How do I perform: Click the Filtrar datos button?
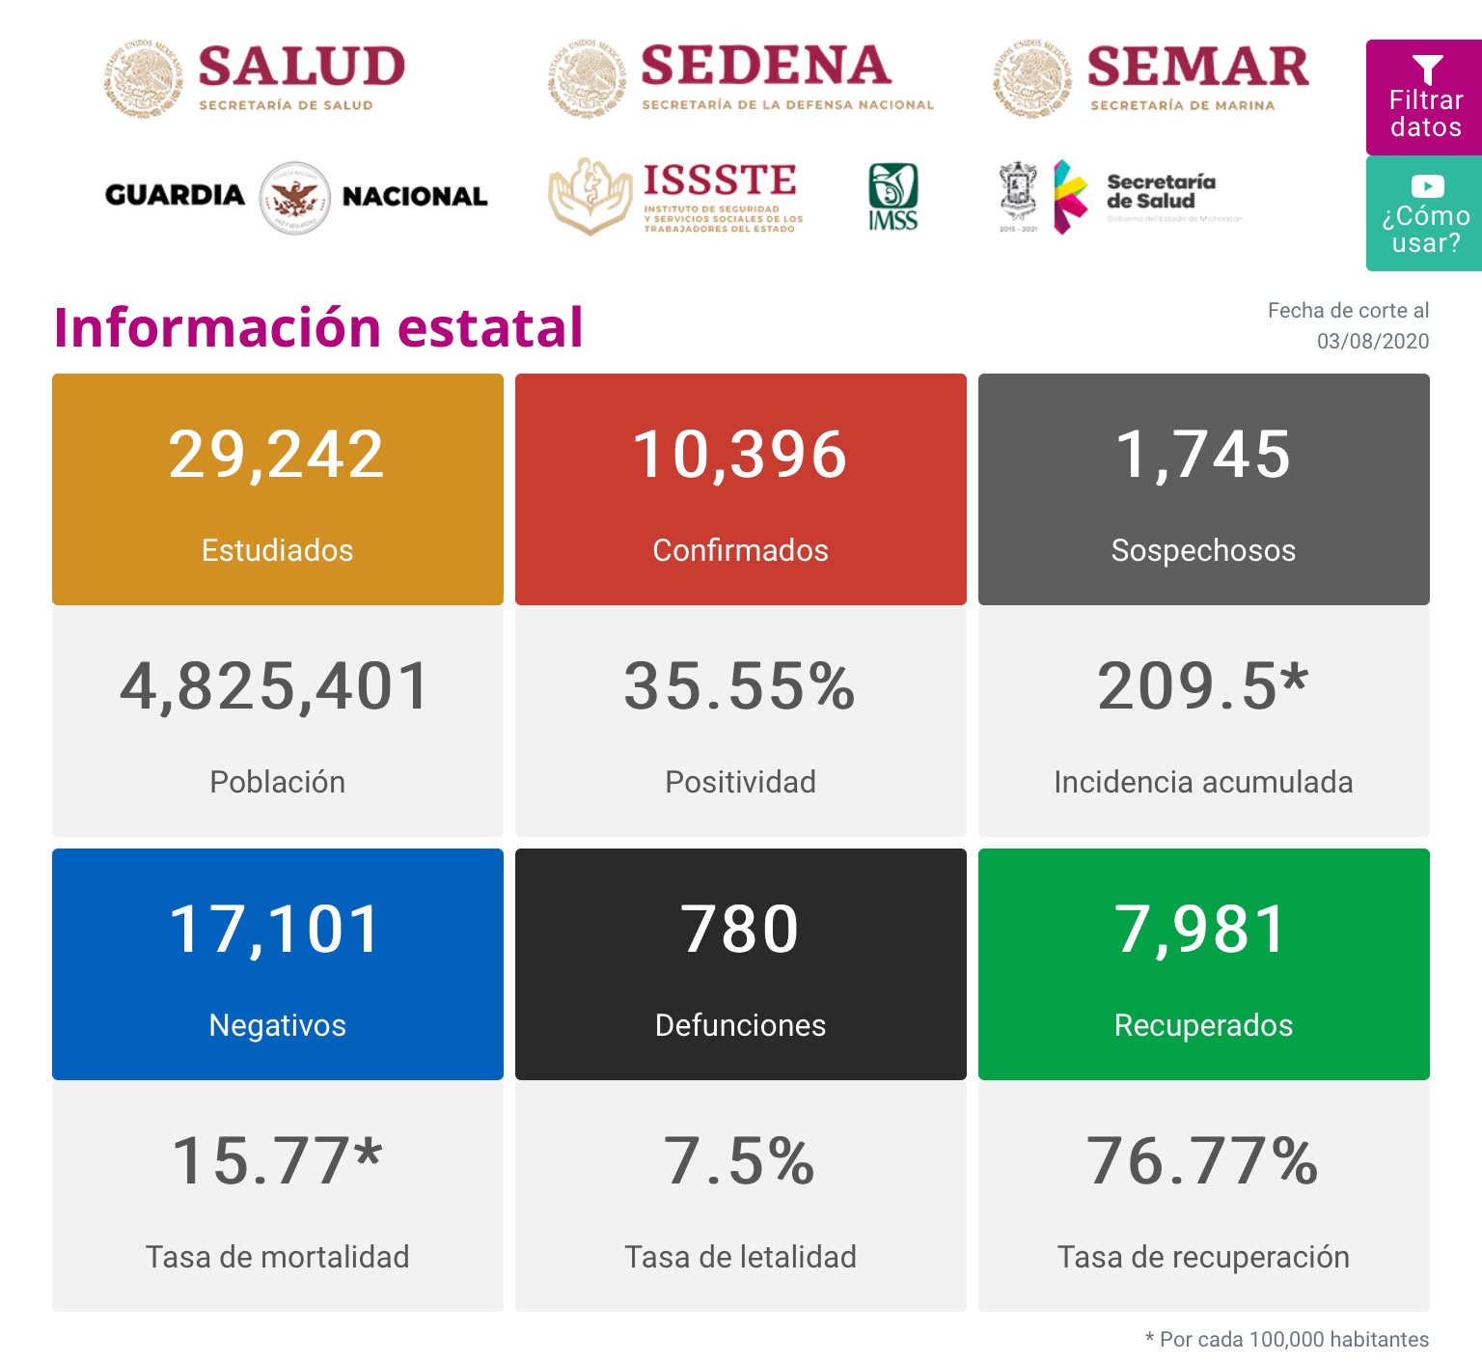click(1424, 97)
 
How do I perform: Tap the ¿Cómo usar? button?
click(1424, 214)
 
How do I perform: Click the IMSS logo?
click(892, 197)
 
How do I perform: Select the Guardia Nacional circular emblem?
click(295, 197)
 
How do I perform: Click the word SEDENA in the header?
click(765, 66)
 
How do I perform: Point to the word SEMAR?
click(1197, 67)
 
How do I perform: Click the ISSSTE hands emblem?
click(590, 197)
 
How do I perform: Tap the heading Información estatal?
click(318, 327)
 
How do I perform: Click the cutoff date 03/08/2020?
click(1372, 341)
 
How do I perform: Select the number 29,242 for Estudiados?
click(277, 455)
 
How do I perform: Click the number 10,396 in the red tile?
click(740, 455)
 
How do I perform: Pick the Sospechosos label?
click(1203, 550)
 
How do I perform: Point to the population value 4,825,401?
click(276, 686)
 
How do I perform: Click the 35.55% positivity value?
click(740, 686)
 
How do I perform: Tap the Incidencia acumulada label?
click(1203, 782)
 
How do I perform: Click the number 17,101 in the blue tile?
click(276, 930)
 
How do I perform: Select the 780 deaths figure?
click(740, 930)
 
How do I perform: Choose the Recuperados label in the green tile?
click(1203, 1025)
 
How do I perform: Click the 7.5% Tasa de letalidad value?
click(740, 1160)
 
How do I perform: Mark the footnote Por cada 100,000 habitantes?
click(1293, 1340)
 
